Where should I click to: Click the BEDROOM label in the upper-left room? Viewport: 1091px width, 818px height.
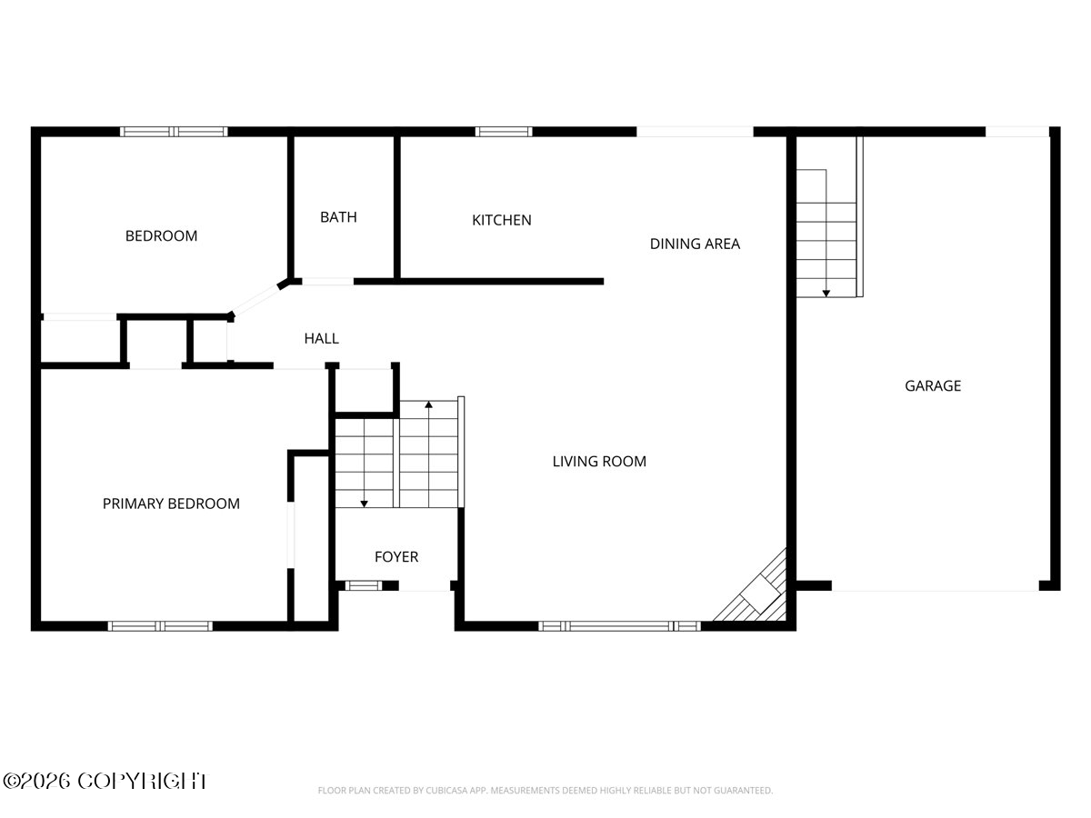point(161,236)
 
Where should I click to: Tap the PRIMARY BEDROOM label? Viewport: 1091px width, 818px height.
point(171,504)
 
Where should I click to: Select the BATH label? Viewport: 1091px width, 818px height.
point(338,217)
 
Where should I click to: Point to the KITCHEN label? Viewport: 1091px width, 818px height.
point(501,220)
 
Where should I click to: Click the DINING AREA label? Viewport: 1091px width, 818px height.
point(695,244)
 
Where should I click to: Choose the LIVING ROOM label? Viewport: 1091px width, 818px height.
point(599,462)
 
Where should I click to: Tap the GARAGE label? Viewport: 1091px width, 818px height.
point(932,386)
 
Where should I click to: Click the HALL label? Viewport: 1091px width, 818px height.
point(321,339)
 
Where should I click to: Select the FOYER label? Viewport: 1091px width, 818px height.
point(396,557)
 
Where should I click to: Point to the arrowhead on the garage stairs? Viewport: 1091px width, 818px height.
point(826,293)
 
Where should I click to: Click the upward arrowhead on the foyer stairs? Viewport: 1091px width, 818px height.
point(428,403)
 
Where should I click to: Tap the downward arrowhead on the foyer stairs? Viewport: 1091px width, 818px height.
point(364,503)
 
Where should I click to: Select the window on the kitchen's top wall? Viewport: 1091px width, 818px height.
point(504,132)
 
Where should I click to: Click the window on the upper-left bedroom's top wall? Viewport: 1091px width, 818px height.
point(174,132)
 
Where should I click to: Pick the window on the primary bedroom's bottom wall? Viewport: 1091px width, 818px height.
point(160,625)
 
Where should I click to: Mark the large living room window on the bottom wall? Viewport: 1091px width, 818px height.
point(619,625)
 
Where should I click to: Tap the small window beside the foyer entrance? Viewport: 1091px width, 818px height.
point(365,585)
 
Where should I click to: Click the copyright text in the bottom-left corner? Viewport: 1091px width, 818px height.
point(105,781)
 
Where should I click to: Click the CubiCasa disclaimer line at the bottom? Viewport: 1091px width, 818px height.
point(545,791)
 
